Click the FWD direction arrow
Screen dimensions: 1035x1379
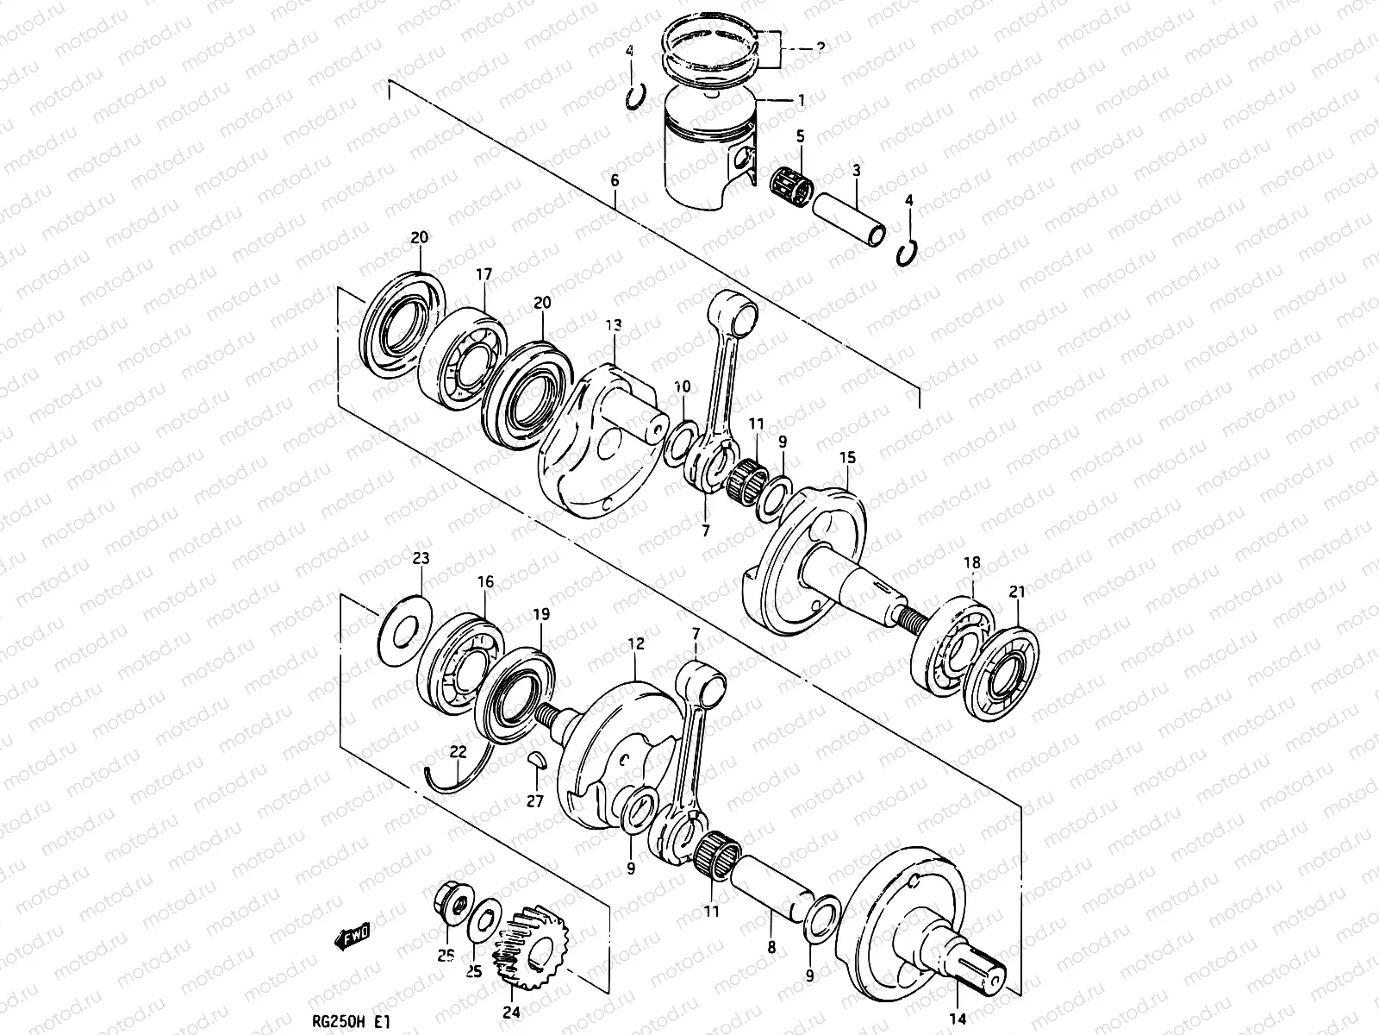coord(353,934)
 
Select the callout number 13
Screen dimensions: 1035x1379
coord(613,325)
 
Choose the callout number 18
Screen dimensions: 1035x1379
coord(971,563)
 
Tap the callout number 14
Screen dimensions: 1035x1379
coord(958,1015)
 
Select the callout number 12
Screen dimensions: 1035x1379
coord(636,643)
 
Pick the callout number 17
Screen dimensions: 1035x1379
coord(484,274)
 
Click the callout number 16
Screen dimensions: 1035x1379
coord(485,582)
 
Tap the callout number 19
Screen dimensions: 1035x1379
coord(540,615)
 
